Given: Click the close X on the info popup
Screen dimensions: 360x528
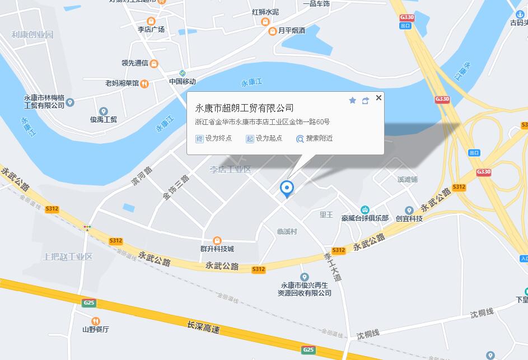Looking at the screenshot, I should pyautogui.click(x=379, y=97).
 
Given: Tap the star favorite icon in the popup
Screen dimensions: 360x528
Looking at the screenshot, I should pyautogui.click(x=353, y=100).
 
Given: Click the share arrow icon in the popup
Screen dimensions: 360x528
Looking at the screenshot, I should pyautogui.click(x=366, y=101).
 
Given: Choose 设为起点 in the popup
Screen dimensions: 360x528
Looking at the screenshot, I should pyautogui.click(x=264, y=138).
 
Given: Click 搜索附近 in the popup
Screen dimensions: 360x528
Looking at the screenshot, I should pyautogui.click(x=315, y=138).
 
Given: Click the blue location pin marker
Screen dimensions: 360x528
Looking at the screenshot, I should pyautogui.click(x=287, y=189).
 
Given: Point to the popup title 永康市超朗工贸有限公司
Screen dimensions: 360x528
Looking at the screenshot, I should pyautogui.click(x=244, y=108).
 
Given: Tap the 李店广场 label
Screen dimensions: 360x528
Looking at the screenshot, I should pyautogui.click(x=151, y=29).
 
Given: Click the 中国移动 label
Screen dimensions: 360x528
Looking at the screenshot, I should pyautogui.click(x=183, y=81).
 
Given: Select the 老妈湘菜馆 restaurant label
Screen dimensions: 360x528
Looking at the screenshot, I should pyautogui.click(x=122, y=83).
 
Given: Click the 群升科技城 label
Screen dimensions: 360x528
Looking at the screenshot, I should pyautogui.click(x=217, y=249).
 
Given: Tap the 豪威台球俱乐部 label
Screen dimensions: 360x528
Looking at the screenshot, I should pyautogui.click(x=365, y=218).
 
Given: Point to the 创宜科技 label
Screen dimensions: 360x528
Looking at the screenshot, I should pyautogui.click(x=409, y=218).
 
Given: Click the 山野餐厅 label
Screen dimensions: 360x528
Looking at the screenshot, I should pyautogui.click(x=95, y=329).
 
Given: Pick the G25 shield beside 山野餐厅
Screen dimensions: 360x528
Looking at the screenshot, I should pyautogui.click(x=88, y=303).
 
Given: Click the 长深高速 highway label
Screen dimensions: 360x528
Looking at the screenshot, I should pyautogui.click(x=203, y=326).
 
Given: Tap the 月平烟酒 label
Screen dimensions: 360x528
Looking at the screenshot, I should pyautogui.click(x=291, y=31).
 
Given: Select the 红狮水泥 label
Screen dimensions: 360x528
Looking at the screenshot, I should pyautogui.click(x=265, y=12).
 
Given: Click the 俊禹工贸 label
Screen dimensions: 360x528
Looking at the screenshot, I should pyautogui.click(x=104, y=119).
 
